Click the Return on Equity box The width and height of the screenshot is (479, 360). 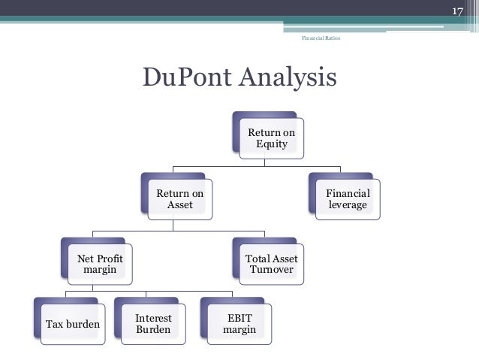[272, 138]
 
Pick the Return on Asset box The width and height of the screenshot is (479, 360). [180, 199]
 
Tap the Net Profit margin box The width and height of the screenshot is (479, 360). [100, 264]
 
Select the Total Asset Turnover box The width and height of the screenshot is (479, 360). [272, 264]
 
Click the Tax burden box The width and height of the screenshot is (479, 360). [73, 324]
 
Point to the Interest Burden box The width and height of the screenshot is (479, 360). [154, 324]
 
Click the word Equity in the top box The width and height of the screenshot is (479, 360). [272, 144]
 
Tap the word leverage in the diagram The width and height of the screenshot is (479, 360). [348, 205]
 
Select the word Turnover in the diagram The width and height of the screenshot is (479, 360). [272, 270]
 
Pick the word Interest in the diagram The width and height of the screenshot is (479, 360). [154, 318]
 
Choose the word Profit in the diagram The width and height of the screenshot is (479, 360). [110, 259]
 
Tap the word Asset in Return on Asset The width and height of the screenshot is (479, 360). [180, 205]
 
